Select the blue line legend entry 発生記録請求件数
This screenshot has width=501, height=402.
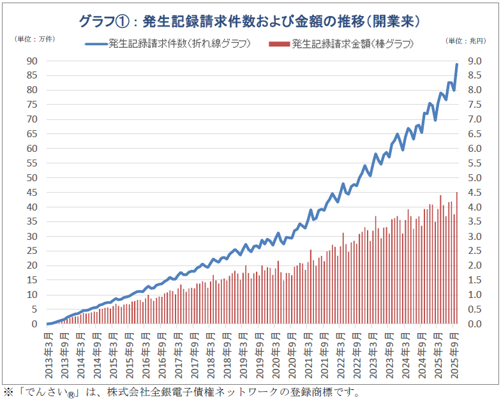coord(167,44)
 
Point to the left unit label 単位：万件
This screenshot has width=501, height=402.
coord(34,40)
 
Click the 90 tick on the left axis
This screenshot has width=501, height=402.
coord(32,61)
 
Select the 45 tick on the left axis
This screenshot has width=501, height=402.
coord(32,193)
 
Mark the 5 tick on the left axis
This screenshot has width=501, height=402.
coord(35,309)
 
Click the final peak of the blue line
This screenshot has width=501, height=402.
coord(456,64)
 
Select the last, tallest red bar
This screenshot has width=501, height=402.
coord(456,255)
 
